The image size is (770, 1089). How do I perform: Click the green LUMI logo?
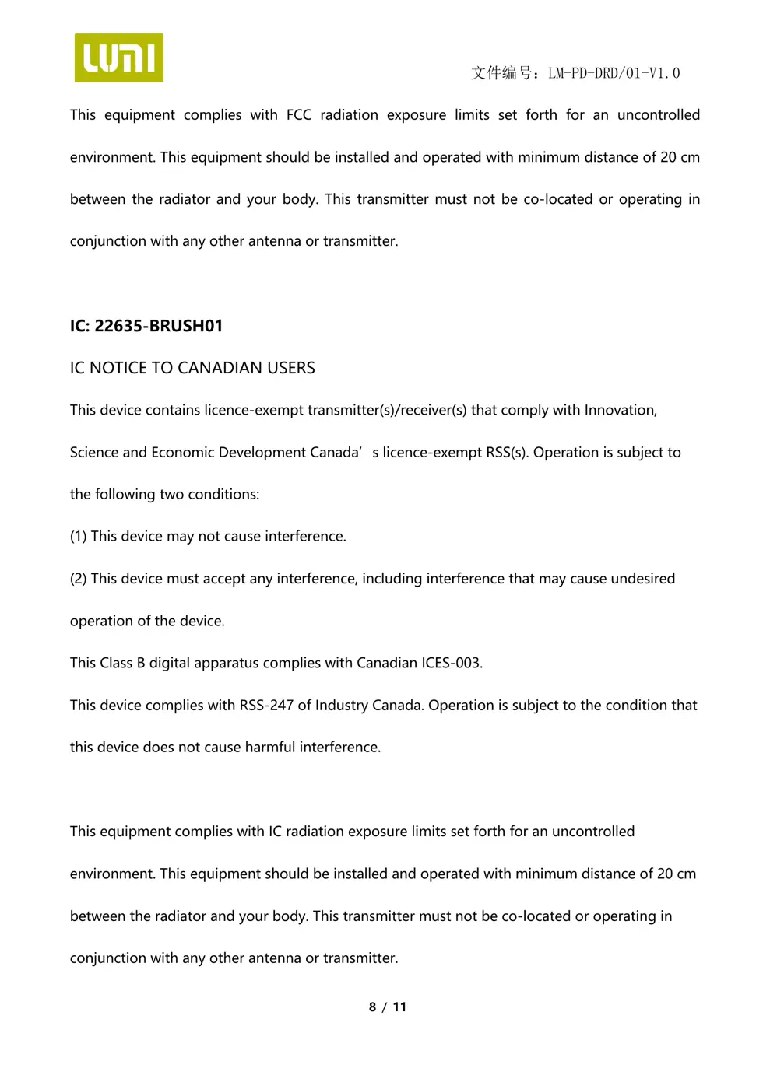click(118, 58)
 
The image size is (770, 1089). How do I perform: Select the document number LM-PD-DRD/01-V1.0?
click(614, 73)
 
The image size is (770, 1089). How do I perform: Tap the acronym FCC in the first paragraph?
click(299, 115)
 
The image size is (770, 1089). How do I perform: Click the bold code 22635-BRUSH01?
click(159, 326)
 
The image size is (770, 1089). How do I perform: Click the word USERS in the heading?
click(291, 368)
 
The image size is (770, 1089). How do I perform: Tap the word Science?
click(94, 453)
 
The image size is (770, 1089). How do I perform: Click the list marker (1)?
click(78, 537)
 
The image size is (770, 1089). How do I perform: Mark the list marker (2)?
click(78, 579)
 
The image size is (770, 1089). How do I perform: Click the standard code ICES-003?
click(452, 664)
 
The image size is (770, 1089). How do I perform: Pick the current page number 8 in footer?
click(372, 1007)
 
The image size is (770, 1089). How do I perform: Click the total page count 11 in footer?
click(399, 1007)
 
